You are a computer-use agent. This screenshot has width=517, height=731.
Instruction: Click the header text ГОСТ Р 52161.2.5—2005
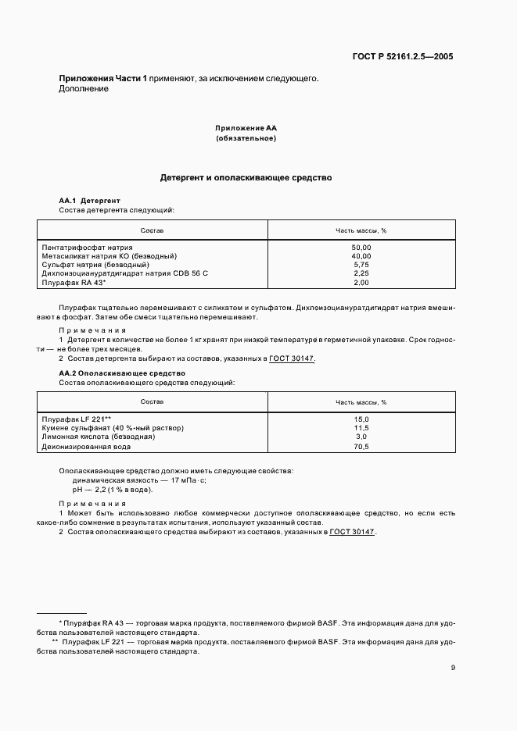click(403, 56)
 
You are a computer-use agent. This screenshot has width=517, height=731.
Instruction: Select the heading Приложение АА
click(246, 127)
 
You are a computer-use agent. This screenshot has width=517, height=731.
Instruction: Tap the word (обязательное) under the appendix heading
click(246, 138)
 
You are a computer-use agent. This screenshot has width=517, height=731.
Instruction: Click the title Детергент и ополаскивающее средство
click(246, 177)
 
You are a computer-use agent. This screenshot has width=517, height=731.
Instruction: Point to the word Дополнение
click(84, 89)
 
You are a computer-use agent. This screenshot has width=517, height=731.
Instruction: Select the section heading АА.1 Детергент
click(89, 201)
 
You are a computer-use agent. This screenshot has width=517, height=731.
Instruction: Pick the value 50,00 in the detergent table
click(361, 247)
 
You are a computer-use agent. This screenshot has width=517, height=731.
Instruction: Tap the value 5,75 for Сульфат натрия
click(361, 265)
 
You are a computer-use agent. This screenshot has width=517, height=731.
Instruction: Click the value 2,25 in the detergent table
click(361, 273)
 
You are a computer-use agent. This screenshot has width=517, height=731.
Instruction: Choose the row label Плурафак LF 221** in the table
click(77, 419)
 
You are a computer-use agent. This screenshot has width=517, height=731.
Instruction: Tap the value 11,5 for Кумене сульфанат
click(361, 428)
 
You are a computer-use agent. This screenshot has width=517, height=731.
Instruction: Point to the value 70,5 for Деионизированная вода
click(361, 446)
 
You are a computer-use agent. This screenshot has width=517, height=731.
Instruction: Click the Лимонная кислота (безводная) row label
click(98, 437)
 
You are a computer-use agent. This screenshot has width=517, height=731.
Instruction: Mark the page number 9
click(453, 667)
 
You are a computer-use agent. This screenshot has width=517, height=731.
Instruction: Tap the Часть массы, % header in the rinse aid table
click(361, 401)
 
